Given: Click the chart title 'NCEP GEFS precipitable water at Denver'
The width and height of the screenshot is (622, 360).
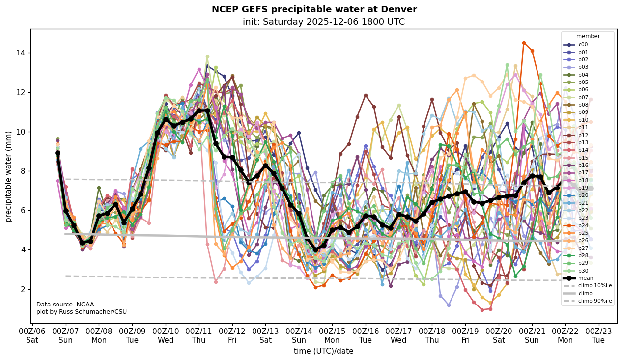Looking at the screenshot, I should (314, 9).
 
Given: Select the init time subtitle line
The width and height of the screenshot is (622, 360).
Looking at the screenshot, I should (323, 22).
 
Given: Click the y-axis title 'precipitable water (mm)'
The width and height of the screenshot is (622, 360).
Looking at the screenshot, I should (9, 176).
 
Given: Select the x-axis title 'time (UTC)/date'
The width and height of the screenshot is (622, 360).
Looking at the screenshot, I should (323, 351).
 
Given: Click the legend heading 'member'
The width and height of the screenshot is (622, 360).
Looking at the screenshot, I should (588, 36).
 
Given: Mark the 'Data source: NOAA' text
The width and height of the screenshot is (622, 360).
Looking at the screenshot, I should (58, 305).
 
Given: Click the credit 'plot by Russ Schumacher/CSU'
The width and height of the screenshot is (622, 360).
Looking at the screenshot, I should (74, 312).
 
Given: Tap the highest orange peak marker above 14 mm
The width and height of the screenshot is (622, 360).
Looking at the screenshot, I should (524, 43).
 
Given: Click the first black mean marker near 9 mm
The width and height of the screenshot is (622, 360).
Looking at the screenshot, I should (57, 153).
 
